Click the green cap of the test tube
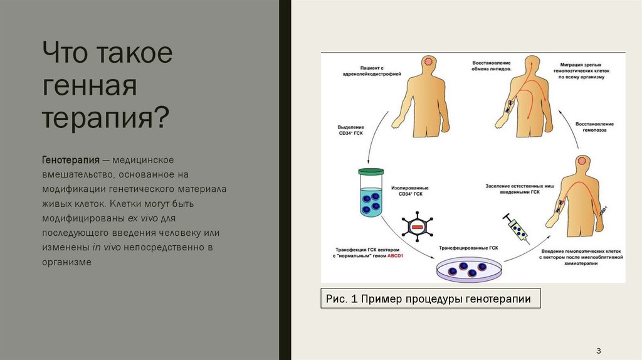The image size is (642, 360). pos(371,171)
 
